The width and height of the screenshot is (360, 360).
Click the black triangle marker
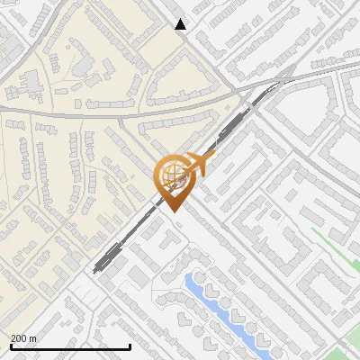pos(181,24)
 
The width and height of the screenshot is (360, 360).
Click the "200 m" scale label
pos(23,338)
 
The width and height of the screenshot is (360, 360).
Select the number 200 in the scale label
pos(19,338)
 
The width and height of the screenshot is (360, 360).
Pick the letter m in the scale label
pos(32,338)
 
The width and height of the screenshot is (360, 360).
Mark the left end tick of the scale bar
pos(10,345)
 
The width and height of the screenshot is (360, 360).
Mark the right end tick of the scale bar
pos(130,345)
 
